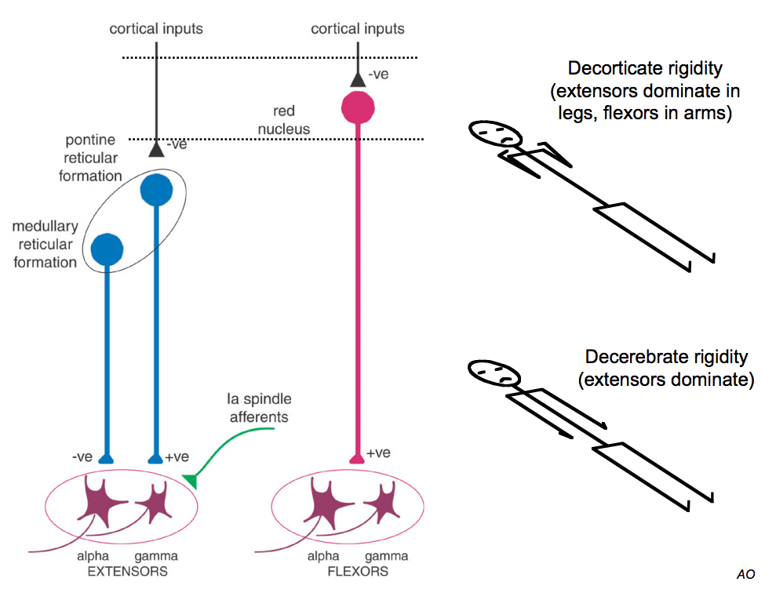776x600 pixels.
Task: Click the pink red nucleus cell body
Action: [x=358, y=108]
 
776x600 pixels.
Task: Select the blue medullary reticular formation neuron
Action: [x=107, y=249]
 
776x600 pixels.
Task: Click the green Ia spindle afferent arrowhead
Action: [x=189, y=479]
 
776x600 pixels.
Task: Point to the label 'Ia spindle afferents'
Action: [x=259, y=408]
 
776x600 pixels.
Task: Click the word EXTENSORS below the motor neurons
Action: [x=127, y=571]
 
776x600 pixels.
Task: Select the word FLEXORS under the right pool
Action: [x=357, y=571]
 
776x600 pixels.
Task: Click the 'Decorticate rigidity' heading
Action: [x=645, y=68]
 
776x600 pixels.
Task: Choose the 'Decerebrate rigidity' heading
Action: [x=666, y=358]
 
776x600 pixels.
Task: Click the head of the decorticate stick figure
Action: [x=496, y=135]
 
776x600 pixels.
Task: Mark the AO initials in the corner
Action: [x=745, y=575]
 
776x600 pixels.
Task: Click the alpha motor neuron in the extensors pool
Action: [x=101, y=507]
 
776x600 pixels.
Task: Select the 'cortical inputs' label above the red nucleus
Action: [x=358, y=29]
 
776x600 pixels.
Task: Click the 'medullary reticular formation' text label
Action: [x=45, y=244]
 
